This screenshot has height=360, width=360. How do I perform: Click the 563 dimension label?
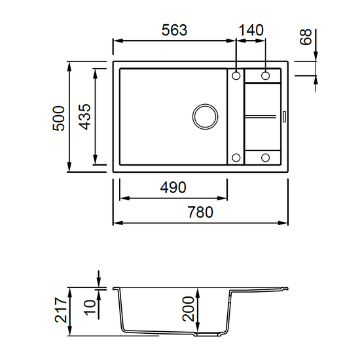tap(175, 30)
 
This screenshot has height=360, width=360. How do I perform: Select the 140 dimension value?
tap(251, 30)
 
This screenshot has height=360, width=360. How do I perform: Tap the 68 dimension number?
tap(306, 37)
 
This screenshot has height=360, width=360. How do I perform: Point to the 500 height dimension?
tap(58, 118)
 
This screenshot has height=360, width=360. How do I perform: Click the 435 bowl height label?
tap(84, 117)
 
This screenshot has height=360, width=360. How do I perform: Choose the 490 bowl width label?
tap(173, 187)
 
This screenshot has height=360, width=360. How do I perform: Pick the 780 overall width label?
tap(201, 212)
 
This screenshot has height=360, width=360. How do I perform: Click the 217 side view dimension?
tap(61, 310)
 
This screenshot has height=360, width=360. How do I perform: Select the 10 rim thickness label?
tap(90, 308)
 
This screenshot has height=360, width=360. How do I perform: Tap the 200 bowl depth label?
tap(189, 309)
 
